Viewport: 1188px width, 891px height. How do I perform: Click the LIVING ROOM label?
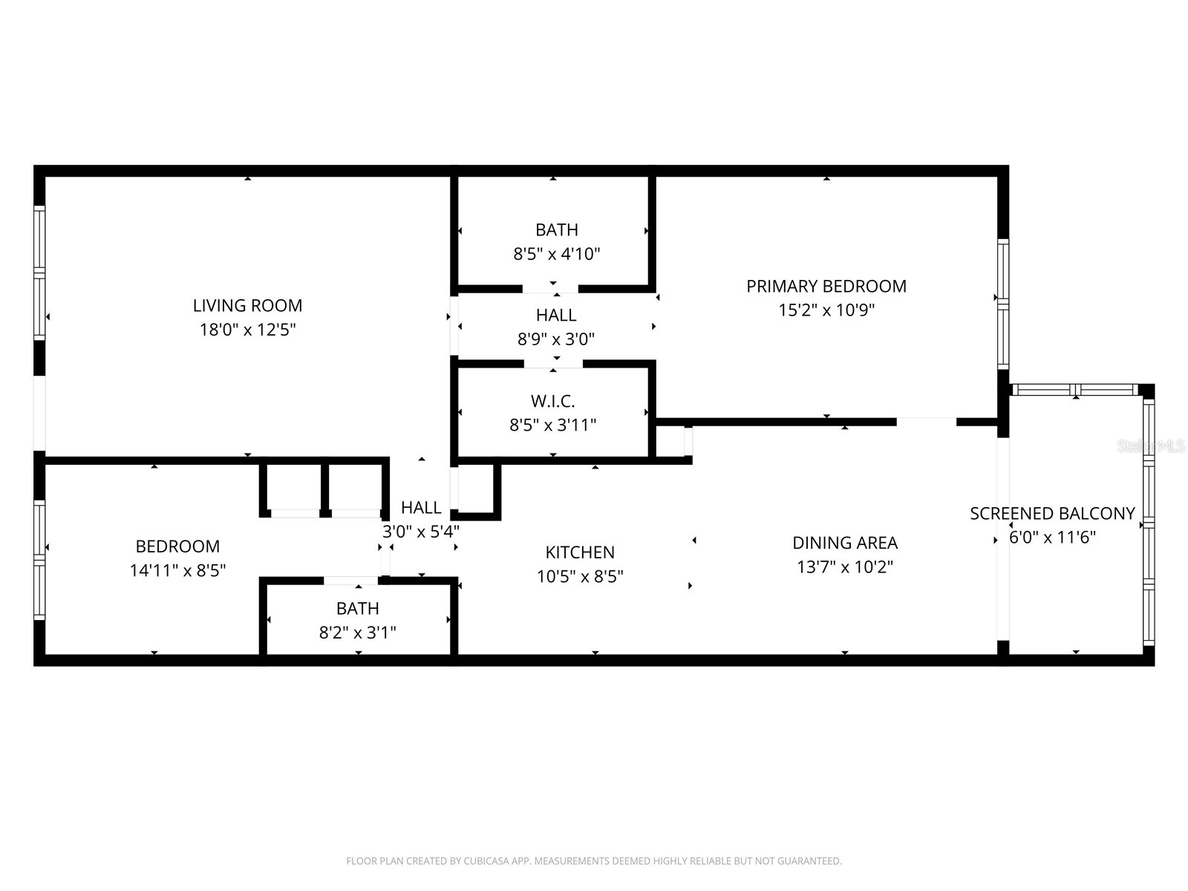pos(247,305)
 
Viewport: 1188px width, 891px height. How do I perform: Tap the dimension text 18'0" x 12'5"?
pos(247,330)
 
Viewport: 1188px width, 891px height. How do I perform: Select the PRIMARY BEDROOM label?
pos(826,286)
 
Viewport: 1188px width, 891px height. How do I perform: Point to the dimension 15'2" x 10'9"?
pos(826,310)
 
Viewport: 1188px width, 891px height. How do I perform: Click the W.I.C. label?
pos(552,401)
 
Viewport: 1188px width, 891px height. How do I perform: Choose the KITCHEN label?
pos(580,552)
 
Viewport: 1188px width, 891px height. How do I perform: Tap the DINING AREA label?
pos(844,543)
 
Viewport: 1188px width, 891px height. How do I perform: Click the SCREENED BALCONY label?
pos(1052,513)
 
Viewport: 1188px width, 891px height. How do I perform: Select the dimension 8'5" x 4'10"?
pos(556,254)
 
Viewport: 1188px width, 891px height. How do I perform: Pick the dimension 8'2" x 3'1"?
pos(357,633)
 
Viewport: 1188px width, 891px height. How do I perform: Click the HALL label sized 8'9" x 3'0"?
pos(556,315)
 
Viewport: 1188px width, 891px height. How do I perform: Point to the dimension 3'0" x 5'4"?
pos(420,532)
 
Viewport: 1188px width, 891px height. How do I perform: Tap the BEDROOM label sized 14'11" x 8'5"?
pos(177,546)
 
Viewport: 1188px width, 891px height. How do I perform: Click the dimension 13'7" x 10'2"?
pos(844,567)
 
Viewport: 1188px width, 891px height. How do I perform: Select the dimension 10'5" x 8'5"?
pos(580,576)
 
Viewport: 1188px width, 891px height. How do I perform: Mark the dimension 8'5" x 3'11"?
pos(552,425)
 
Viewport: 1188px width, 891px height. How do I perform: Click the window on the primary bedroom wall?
pos(1002,304)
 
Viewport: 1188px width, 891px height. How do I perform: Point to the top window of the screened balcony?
pos(1074,390)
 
